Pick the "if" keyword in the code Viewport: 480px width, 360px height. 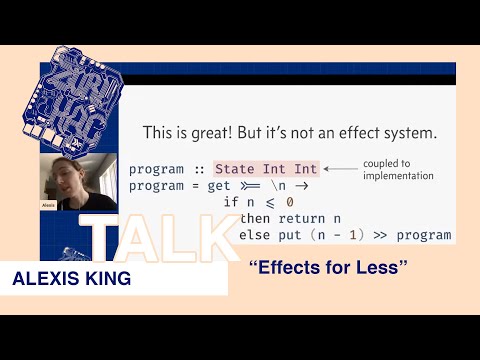tap(230, 203)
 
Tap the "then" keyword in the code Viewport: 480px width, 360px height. tap(256, 219)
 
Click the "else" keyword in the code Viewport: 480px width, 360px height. tap(256, 236)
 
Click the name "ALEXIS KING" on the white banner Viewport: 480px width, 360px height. tap(72, 279)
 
